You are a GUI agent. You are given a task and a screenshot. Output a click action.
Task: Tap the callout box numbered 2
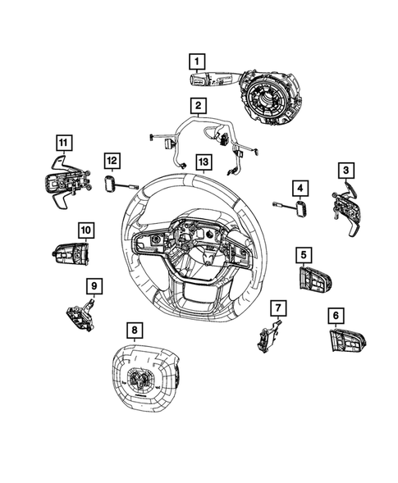198,106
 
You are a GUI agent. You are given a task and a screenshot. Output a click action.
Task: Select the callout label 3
347,170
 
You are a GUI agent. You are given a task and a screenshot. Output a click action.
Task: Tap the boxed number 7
278,308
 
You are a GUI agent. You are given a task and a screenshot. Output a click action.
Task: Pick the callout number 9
95,285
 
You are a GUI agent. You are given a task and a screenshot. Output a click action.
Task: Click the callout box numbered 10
86,230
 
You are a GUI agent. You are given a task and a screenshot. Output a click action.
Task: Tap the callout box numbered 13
199,162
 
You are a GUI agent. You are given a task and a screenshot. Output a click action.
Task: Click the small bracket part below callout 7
268,335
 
